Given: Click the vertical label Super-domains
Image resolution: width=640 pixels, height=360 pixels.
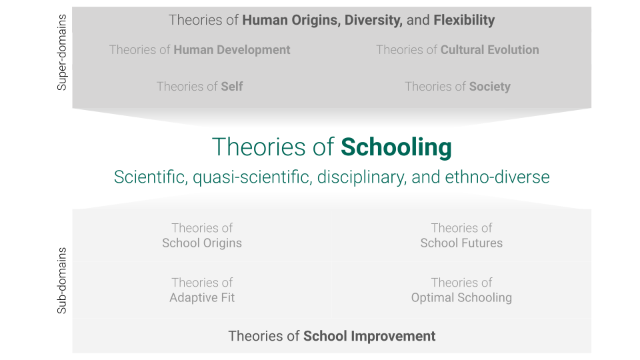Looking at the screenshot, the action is point(61,52).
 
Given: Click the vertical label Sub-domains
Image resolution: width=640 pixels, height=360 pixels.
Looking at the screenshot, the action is point(61,281).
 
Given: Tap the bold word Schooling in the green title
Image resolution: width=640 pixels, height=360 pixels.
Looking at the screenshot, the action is point(396,147).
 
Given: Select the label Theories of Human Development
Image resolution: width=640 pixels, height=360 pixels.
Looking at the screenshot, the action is point(199,50).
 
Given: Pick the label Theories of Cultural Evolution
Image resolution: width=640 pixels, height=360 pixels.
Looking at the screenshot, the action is point(457,50).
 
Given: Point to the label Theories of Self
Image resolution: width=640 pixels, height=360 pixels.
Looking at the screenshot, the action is point(199,87).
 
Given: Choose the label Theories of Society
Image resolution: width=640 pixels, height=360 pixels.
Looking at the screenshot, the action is point(457,87).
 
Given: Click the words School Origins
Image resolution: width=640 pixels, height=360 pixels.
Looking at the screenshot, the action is point(202,243).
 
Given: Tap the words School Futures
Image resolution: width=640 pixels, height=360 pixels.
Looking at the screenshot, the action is point(461,243).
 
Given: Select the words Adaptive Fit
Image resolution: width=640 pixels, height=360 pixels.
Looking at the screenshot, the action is point(202,297).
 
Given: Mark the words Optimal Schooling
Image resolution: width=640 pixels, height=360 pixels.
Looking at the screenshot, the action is point(461,297).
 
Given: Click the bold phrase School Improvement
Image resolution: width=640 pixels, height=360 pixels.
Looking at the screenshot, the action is point(369,336).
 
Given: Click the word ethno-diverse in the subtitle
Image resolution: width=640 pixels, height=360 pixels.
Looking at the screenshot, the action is point(497,177).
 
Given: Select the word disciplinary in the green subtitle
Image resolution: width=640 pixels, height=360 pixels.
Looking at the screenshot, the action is point(361,177).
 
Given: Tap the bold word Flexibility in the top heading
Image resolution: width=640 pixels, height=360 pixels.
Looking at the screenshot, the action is point(464,20).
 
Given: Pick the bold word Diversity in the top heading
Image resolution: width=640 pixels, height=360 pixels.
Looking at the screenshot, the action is point(373,20).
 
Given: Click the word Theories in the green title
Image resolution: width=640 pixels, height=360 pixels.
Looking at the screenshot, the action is point(259,147).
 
